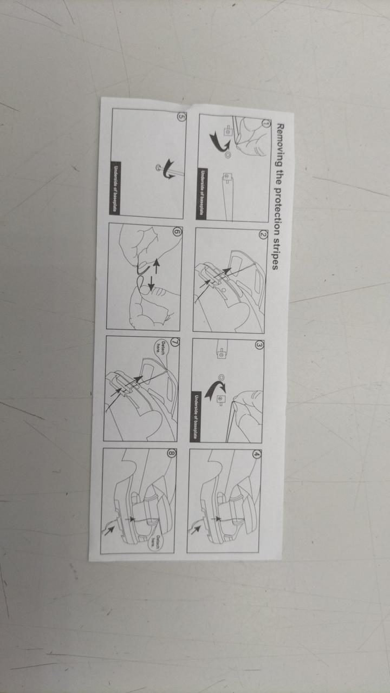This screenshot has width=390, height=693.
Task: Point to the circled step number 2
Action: coord(263,235)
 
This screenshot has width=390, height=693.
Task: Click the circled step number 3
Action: coord(259,345)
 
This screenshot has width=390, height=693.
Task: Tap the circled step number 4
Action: coord(257,454)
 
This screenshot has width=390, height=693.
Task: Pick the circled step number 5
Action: coord(181,116)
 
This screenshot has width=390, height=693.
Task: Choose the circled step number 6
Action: coord(178,232)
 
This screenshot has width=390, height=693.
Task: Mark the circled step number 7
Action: coord(175,342)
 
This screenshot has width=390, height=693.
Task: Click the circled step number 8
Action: coord(172,453)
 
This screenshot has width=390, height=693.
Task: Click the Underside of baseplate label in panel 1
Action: coord(202,194)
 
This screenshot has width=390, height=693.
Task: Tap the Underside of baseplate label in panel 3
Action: coord(196,416)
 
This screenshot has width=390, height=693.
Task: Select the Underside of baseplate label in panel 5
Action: coord(115,188)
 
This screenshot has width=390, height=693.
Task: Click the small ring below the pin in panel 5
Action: coord(159,167)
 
